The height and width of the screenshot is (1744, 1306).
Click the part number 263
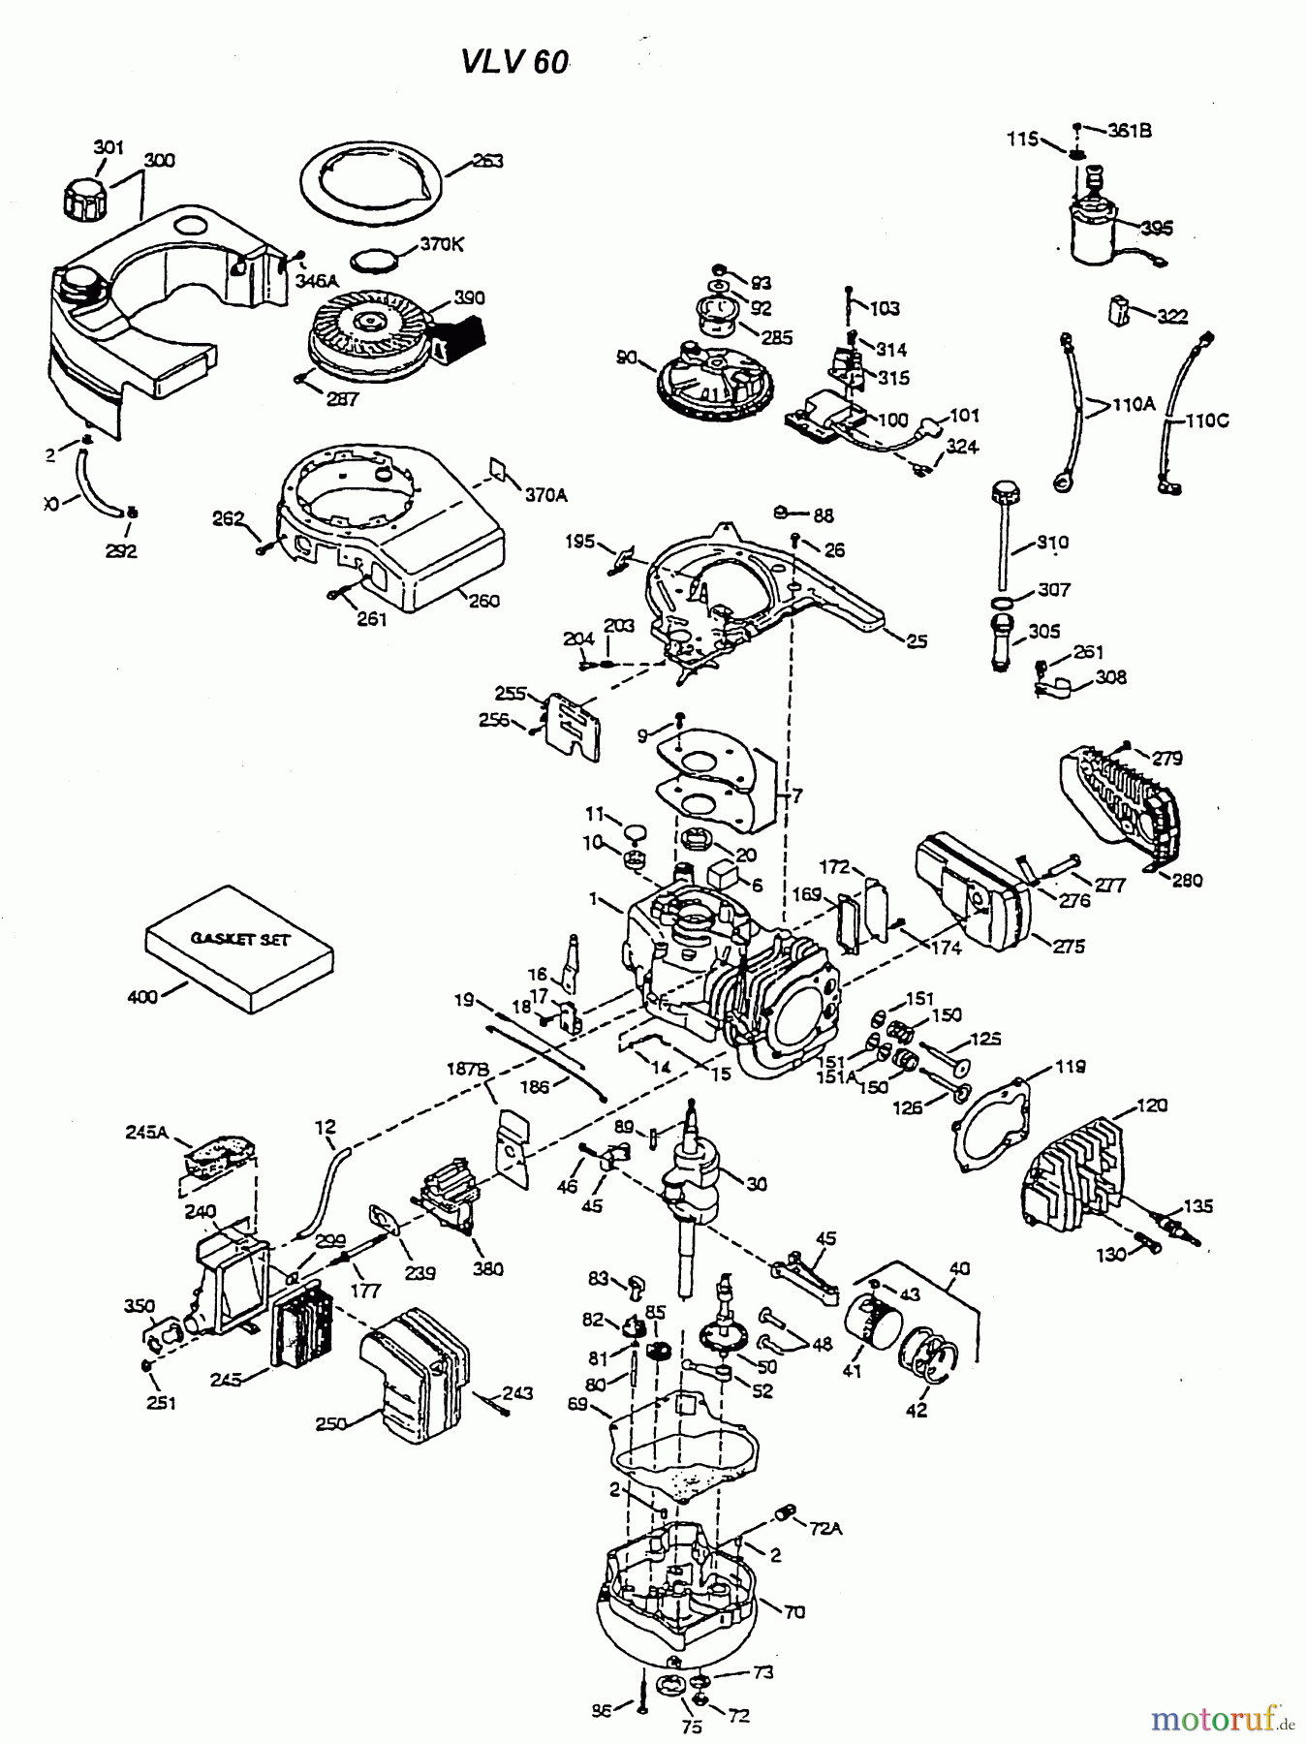(487, 161)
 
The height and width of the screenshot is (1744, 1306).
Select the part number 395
(1157, 228)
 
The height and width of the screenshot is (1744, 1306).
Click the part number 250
(332, 1423)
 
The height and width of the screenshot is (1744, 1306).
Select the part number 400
(141, 996)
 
